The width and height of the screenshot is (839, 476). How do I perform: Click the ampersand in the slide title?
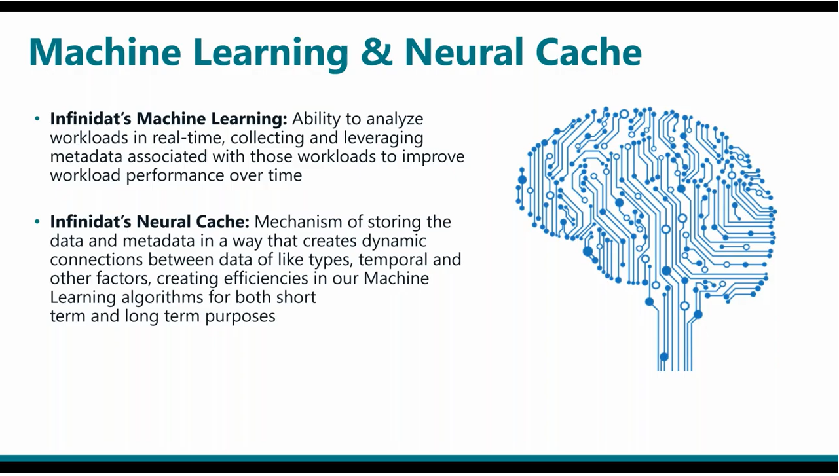tap(377, 52)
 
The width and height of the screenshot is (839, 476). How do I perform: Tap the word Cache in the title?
tap(589, 52)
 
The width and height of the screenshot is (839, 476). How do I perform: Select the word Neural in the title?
tap(464, 52)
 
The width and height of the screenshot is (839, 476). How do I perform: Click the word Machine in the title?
tap(105, 52)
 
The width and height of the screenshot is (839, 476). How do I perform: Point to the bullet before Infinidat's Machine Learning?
tap(37, 119)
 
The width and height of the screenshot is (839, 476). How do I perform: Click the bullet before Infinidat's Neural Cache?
tap(37, 222)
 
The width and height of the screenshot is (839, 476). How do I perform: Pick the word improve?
tap(434, 157)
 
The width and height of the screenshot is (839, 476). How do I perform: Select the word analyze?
tap(395, 119)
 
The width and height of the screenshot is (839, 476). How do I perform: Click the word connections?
tap(97, 260)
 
